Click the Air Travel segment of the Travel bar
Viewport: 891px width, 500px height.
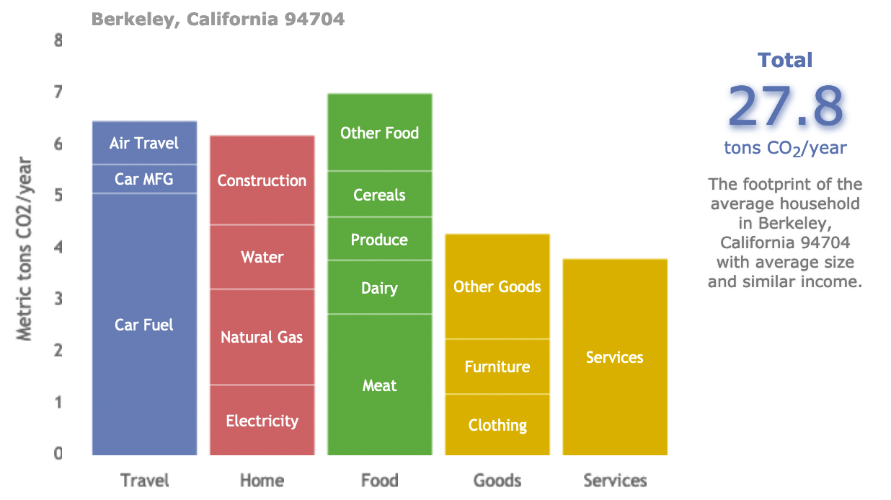(144, 143)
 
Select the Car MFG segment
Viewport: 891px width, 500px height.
(144, 179)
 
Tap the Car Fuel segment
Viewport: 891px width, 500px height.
(144, 325)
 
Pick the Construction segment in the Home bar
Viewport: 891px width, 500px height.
(262, 180)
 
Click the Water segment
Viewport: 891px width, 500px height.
(262, 257)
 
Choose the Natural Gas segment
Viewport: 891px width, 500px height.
(262, 337)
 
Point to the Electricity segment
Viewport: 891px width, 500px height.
(262, 421)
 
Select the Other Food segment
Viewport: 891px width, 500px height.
(379, 132)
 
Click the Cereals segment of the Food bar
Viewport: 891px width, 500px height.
(379, 194)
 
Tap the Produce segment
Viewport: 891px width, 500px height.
(379, 239)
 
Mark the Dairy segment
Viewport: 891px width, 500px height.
(379, 287)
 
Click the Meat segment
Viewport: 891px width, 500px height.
(379, 385)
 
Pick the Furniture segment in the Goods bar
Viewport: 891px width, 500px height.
(497, 367)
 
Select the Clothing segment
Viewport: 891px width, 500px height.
(497, 425)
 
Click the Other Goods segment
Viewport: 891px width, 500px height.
(497, 286)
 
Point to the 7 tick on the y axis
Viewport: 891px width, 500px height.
(58, 92)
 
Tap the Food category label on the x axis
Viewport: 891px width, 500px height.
(379, 481)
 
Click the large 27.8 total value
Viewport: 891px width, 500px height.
(785, 105)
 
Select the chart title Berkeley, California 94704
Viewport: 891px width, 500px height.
(218, 19)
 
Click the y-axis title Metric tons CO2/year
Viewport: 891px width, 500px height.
(25, 248)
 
